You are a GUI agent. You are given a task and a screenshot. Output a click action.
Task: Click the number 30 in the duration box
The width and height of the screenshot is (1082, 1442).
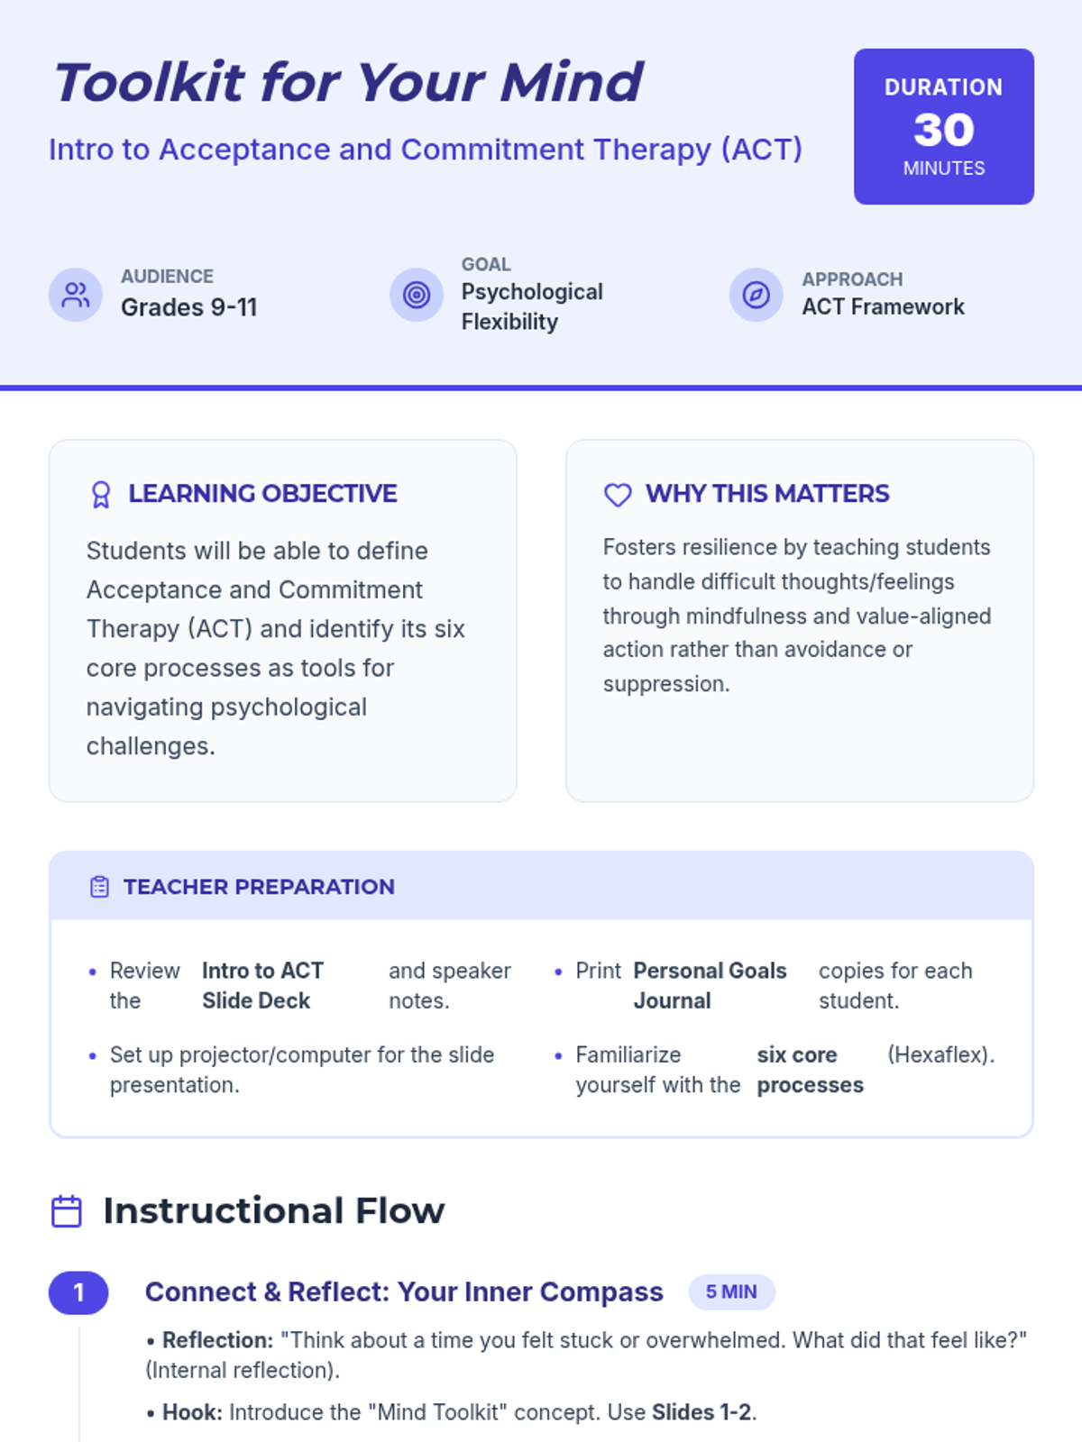tap(943, 130)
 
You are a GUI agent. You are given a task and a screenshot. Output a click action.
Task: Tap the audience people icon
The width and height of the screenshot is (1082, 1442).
tap(76, 295)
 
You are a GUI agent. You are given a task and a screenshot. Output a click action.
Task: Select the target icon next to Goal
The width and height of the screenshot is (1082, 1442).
tap(417, 295)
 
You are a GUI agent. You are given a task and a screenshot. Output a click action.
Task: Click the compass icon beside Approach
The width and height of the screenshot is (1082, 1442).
tap(756, 295)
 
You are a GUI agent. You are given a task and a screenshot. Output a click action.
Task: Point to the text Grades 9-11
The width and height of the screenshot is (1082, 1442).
tap(189, 307)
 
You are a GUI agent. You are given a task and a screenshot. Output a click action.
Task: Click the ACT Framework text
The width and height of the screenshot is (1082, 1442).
tap(883, 307)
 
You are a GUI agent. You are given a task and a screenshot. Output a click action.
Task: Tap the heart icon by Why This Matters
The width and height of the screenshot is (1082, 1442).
tap(618, 495)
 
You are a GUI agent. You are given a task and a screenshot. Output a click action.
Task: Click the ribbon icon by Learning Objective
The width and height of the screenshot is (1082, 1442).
tap(101, 495)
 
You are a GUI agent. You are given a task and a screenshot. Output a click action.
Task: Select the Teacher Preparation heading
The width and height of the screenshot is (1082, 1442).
tap(259, 887)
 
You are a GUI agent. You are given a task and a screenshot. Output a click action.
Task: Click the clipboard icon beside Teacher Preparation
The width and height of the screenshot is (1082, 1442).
tap(99, 887)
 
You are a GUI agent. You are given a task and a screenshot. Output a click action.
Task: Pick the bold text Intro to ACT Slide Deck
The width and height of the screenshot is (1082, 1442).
tap(261, 985)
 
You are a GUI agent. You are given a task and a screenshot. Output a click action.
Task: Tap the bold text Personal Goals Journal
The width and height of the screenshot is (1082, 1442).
tap(710, 985)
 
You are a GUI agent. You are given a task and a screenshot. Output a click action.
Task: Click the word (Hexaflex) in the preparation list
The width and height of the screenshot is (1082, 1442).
tap(940, 1054)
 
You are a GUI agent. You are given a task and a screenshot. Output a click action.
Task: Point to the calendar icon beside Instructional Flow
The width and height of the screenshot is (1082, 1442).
tap(67, 1211)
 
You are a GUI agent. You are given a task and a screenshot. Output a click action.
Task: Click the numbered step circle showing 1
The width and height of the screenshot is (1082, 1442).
tap(78, 1292)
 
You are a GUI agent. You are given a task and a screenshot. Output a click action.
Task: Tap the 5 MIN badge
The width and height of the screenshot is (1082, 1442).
tap(731, 1292)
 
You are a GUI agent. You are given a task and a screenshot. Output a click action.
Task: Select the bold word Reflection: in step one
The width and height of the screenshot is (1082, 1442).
tap(217, 1340)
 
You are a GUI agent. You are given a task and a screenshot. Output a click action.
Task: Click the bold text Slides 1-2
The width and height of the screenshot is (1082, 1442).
tap(701, 1412)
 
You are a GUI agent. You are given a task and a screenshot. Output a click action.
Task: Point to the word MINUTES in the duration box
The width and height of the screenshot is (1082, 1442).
tap(943, 169)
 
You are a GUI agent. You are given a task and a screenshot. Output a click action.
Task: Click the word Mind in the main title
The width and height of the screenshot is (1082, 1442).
tap(571, 83)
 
